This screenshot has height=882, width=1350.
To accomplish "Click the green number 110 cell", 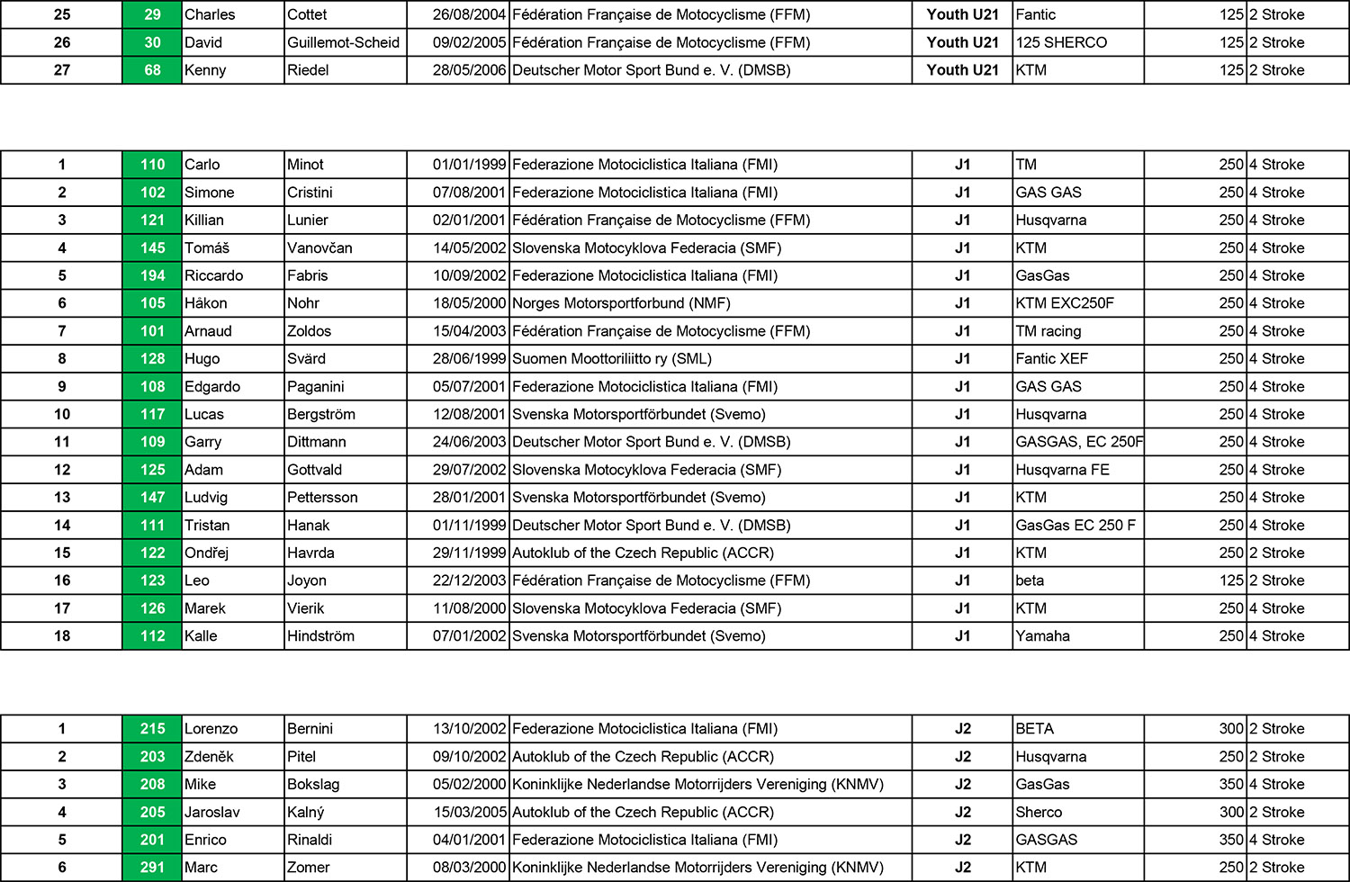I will tap(152, 165).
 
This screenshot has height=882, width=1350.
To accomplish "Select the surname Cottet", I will tap(307, 14).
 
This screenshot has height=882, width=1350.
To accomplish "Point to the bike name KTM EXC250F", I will tap(1065, 303).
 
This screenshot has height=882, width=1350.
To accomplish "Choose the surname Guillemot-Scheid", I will tap(343, 42).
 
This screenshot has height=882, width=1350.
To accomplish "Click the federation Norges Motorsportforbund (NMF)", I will tap(621, 303).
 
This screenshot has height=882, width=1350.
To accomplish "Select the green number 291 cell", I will tap(152, 868).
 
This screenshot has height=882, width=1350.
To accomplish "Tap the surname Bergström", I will tap(321, 414).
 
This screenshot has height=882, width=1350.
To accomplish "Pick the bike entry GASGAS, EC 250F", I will tap(1079, 442).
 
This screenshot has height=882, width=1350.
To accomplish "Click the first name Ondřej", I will tap(206, 553).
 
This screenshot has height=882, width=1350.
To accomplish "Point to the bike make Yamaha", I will tap(1042, 636).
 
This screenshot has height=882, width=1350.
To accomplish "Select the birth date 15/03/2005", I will tap(469, 812).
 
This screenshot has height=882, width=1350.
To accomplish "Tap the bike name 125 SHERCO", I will tap(1061, 42).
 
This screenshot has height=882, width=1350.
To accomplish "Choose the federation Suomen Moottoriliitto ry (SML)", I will tap(612, 358).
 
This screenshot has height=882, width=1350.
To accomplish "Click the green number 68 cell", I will tap(152, 70).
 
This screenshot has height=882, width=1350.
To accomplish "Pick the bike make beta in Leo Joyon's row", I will tap(1030, 580).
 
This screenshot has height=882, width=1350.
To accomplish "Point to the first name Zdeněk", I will tap(209, 757).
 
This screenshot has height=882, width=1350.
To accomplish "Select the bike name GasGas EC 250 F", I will tap(1075, 526).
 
